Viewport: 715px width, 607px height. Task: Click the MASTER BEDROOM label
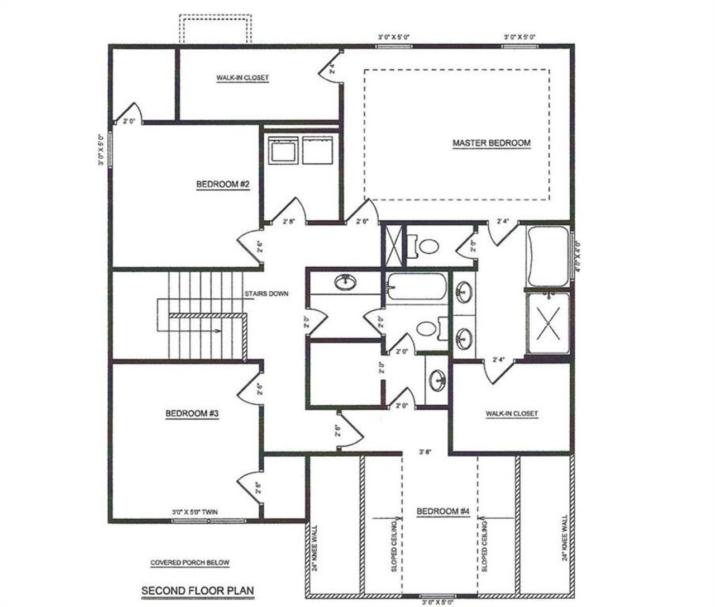coord(491,143)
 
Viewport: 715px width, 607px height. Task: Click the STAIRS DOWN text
coord(266,293)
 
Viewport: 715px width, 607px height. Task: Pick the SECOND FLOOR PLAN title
coord(197,590)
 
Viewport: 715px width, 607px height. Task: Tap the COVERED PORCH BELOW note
coord(190,563)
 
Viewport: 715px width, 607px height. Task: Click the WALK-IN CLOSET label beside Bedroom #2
coord(242,78)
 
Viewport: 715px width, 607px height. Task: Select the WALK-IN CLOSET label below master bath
coord(511,414)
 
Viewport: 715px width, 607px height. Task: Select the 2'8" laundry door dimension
coord(289,221)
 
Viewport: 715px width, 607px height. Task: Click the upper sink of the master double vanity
coord(464,291)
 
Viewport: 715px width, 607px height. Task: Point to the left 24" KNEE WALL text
coord(315,548)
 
